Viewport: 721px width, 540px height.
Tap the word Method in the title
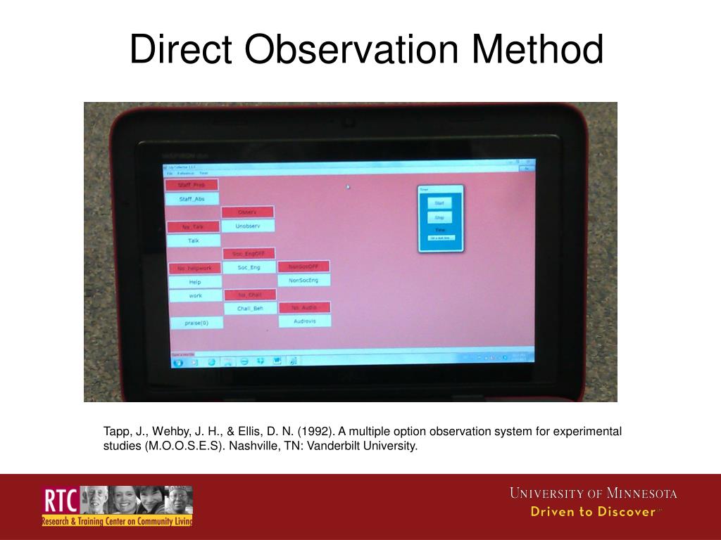point(538,51)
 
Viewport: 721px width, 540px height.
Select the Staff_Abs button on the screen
point(191,199)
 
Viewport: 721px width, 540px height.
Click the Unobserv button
point(248,226)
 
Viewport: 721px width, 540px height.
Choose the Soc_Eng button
point(249,267)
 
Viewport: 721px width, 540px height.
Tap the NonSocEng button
point(303,280)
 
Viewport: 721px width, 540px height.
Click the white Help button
point(195,282)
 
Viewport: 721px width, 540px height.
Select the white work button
point(195,296)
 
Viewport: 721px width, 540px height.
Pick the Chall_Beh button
point(250,308)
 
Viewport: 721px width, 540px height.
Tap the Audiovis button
point(305,321)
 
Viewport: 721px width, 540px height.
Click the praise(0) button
point(196,323)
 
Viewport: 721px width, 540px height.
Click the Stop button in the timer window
point(439,218)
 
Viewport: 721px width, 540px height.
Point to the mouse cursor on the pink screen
point(348,187)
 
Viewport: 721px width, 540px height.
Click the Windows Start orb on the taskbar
point(178,362)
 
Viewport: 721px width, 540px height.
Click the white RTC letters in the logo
point(59,501)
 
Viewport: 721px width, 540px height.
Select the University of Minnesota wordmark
point(593,494)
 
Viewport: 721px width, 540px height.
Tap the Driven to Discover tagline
point(593,512)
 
